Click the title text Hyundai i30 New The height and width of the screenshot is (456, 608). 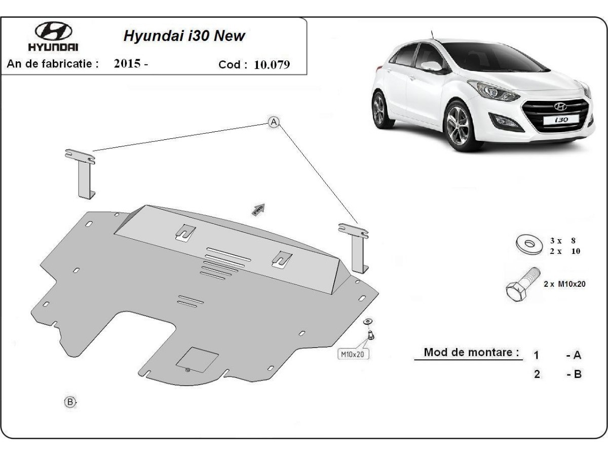(x=184, y=36)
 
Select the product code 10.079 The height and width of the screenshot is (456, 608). (x=273, y=65)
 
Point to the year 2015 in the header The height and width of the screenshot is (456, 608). (x=127, y=64)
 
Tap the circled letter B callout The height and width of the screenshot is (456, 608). (x=70, y=402)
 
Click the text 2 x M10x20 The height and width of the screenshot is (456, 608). (x=564, y=284)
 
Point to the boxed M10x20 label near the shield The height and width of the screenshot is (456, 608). (x=353, y=354)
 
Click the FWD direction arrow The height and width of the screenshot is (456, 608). (x=258, y=210)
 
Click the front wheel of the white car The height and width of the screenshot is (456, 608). (x=460, y=126)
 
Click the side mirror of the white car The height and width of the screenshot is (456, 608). (x=432, y=66)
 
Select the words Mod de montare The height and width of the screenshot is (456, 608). (x=471, y=352)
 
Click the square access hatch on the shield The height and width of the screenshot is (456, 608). (x=197, y=359)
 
